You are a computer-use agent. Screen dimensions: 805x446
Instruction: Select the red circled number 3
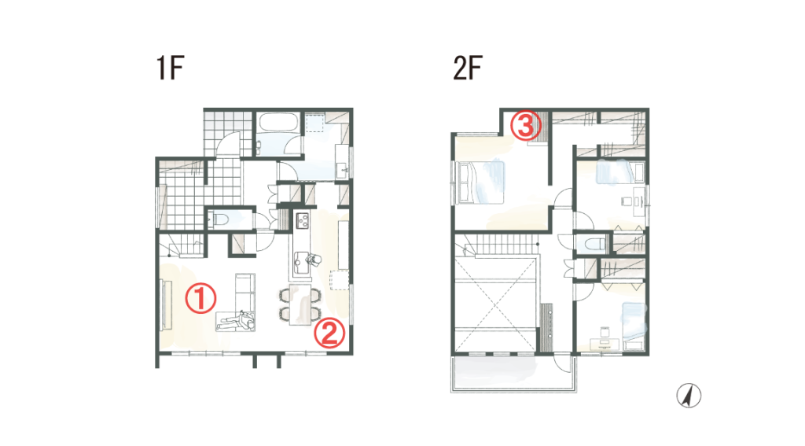point(525,125)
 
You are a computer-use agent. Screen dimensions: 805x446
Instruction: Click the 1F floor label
point(170,68)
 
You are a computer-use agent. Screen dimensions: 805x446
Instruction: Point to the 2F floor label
point(468,68)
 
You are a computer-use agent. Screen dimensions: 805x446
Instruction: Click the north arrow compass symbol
point(689,396)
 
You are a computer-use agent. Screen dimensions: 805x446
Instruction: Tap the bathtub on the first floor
point(279,122)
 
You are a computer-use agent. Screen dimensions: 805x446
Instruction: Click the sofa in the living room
point(245,290)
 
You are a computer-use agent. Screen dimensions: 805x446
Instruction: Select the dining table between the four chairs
point(301,304)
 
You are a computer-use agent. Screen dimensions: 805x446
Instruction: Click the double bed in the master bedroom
point(480,182)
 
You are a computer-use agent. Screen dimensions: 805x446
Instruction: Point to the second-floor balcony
point(514,373)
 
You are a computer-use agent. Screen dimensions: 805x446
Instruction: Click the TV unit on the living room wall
point(166,304)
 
